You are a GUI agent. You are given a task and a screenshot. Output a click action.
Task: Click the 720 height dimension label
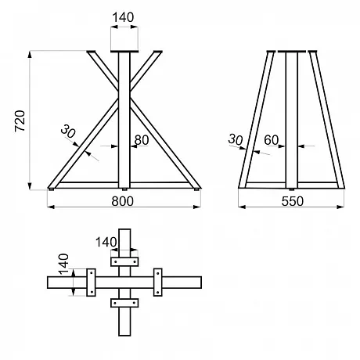(x=20, y=121)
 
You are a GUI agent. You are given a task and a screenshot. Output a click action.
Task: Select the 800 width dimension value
(x=122, y=201)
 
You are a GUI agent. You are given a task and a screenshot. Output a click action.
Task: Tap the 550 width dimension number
(x=293, y=201)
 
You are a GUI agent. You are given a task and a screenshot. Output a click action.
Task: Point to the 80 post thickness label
(x=142, y=140)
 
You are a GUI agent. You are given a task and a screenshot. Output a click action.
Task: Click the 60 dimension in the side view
(x=272, y=140)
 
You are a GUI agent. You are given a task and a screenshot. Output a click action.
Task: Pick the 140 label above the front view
(x=123, y=17)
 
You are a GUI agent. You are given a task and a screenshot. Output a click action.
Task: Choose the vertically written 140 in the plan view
(x=63, y=265)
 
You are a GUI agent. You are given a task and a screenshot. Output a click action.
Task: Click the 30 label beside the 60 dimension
(x=236, y=139)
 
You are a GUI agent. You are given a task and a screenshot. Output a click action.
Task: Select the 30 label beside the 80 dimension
(x=68, y=131)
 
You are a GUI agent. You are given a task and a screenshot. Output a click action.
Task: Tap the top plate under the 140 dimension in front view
(x=124, y=52)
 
